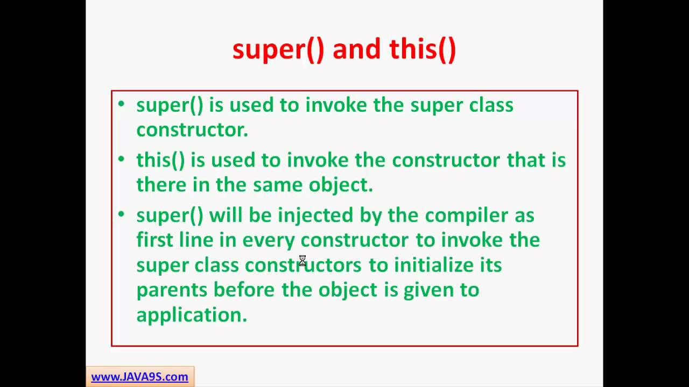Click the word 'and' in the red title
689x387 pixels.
click(x=356, y=49)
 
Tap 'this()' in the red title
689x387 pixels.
click(x=423, y=49)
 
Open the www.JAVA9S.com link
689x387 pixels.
click(x=139, y=377)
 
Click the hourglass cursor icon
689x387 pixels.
click(x=303, y=261)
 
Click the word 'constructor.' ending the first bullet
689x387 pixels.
click(x=192, y=130)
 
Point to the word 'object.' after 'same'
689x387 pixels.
click(x=341, y=184)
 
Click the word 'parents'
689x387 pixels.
click(x=172, y=290)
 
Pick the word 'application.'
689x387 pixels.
click(x=192, y=314)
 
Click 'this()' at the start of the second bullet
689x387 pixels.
click(x=160, y=160)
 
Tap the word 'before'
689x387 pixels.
click(x=244, y=290)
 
